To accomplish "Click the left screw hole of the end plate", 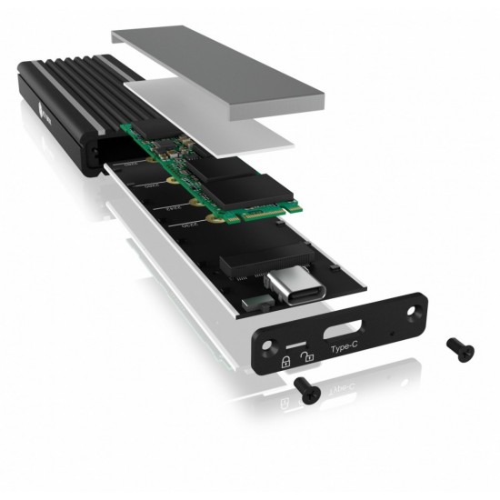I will click(265, 338).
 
